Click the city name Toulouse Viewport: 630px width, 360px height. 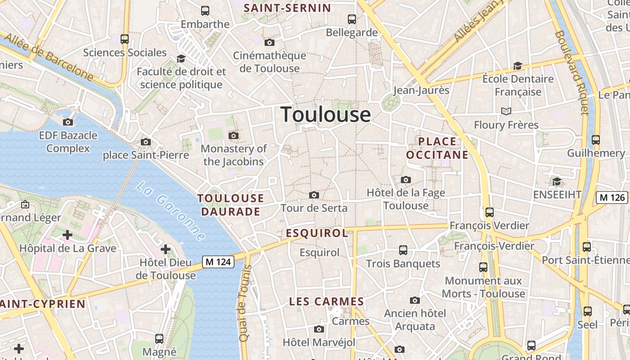click(326, 115)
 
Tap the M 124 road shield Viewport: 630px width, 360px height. click(218, 261)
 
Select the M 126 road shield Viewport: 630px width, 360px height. click(612, 197)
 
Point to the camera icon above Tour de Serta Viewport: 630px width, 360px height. click(314, 195)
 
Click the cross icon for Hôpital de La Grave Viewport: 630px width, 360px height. click(67, 235)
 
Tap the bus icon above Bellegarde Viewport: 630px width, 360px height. click(352, 19)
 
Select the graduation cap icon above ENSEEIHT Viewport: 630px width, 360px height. click(557, 181)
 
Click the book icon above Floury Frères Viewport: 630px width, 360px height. click(506, 111)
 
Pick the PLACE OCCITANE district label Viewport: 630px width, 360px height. click(437, 148)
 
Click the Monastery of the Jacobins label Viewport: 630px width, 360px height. click(234, 155)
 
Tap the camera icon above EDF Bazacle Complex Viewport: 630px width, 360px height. click(68, 122)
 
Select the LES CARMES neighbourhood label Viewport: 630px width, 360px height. click(326, 301)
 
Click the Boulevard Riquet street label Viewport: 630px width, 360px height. click(572, 72)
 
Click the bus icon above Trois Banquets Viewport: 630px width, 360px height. click(403, 250)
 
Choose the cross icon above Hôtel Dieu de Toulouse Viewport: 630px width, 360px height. click(166, 249)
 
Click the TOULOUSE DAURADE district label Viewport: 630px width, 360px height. click(230, 205)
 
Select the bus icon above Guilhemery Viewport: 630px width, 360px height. click(596, 139)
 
